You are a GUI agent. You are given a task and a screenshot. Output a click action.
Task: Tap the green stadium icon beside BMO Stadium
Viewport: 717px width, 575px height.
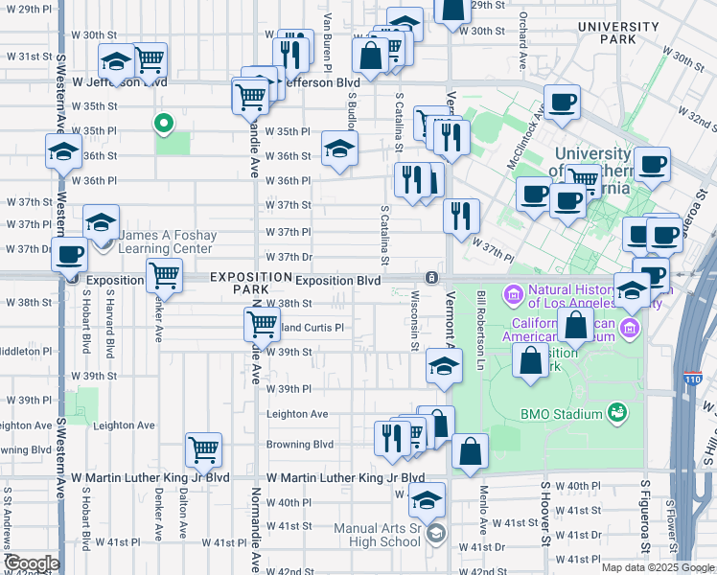pos(617,414)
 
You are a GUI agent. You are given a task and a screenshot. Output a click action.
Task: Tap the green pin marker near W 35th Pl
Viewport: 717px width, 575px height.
pos(163,123)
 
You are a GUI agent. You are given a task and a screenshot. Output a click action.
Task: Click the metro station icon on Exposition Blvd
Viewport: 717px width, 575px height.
pos(433,278)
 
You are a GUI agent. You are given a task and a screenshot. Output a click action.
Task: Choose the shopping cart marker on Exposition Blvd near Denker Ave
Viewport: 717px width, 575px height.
pos(164,276)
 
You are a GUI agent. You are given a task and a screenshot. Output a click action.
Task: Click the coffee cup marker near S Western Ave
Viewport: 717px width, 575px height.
pos(69,255)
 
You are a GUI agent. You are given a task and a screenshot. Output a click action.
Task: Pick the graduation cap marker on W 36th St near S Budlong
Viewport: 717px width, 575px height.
pos(339,149)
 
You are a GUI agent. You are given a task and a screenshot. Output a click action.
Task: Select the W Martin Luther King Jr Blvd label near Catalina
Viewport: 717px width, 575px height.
pos(345,477)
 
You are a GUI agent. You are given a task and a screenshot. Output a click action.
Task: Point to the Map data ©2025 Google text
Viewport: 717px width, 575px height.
pos(657,567)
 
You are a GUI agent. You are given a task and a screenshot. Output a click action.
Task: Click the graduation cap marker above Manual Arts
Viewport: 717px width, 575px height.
pos(428,499)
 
